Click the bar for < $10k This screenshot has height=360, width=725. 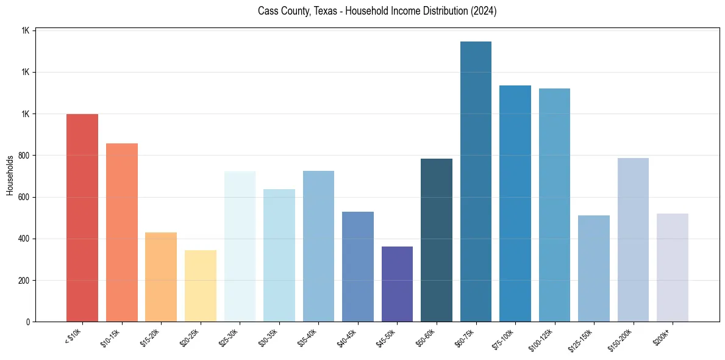coord(82,218)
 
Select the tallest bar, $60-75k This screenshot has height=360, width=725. coord(476,182)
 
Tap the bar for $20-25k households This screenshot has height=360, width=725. coord(201,286)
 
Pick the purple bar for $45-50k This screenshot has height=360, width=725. coord(397,284)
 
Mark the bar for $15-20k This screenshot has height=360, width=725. coord(161,277)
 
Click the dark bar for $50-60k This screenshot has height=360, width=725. coord(437,240)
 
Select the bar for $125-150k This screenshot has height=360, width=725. coord(594,268)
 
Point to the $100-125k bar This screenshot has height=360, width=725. coord(554,205)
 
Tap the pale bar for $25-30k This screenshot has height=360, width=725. coord(240,247)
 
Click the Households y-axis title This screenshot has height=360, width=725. coord(10,175)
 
